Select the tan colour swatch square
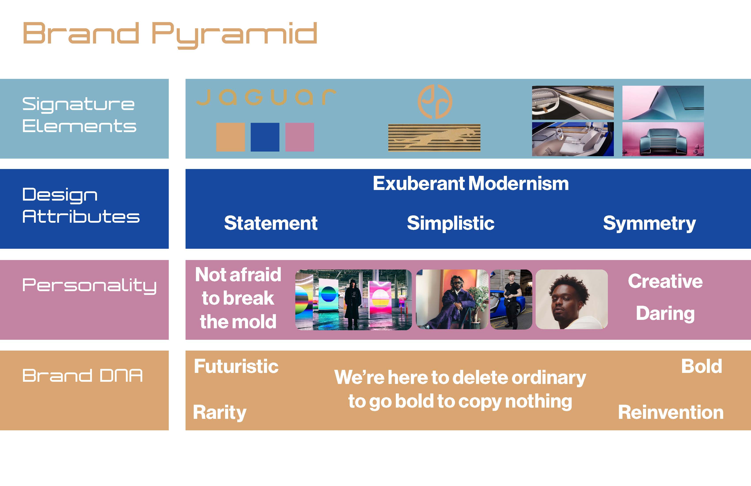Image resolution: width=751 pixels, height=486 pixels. (x=230, y=137)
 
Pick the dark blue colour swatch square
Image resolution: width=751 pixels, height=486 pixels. (x=265, y=137)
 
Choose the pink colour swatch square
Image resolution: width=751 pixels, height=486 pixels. (x=300, y=137)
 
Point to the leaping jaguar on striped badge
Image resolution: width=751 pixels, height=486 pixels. (x=434, y=138)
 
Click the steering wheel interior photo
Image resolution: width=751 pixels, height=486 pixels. (x=573, y=103)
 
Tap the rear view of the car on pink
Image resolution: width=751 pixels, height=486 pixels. (x=663, y=139)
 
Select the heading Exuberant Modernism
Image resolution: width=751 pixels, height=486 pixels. (x=471, y=183)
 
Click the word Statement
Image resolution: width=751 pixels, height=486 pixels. (x=271, y=223)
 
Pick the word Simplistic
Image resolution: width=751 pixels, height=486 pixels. (x=451, y=223)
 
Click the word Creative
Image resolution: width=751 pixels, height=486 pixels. (x=665, y=281)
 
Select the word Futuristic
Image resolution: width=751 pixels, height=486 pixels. (x=236, y=366)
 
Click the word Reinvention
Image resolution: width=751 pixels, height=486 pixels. (x=671, y=412)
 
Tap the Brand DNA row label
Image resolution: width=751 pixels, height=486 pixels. (x=82, y=376)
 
